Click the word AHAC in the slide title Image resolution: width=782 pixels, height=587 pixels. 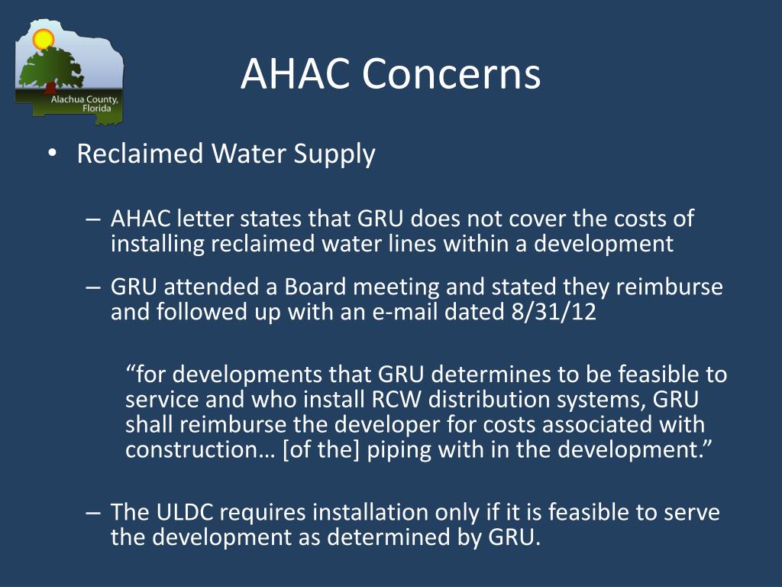pos(296,74)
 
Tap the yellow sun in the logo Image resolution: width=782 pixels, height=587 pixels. pos(44,38)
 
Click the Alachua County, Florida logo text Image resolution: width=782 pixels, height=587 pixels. pos(85,104)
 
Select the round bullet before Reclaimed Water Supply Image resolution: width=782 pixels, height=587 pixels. pos(51,154)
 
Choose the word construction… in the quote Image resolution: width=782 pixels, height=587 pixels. pos(199,449)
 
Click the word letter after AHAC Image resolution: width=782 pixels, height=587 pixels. pos(205,219)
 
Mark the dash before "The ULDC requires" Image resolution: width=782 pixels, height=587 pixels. pos(94,511)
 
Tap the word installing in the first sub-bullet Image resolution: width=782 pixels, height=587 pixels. pos(157,244)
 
